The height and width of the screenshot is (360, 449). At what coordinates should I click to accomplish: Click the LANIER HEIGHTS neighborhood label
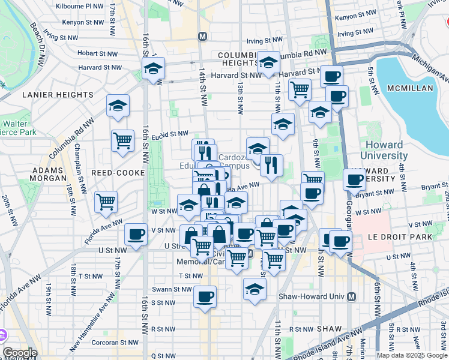58,95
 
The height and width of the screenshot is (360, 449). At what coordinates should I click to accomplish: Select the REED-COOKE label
118,173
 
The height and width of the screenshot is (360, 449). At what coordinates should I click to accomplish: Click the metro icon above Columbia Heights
202,36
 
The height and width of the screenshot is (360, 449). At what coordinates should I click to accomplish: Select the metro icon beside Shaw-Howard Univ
352,296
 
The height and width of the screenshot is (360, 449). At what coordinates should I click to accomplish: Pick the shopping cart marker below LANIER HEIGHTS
122,140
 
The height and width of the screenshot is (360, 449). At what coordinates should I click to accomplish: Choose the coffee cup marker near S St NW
205,296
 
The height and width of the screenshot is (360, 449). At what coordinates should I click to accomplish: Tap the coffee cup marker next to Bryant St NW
355,179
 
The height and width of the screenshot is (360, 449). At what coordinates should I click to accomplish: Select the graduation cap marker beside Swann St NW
255,288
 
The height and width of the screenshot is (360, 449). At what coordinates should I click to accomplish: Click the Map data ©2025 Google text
412,355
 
